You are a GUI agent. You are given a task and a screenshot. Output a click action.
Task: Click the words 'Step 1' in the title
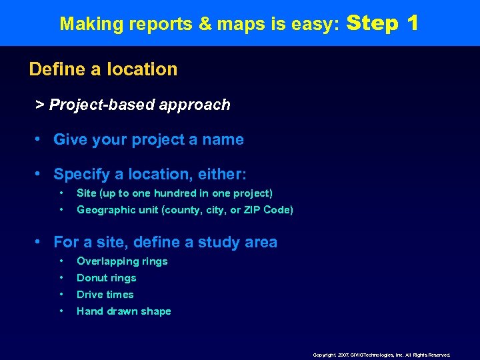coord(383,23)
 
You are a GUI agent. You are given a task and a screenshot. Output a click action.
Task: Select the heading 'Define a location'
coord(103,69)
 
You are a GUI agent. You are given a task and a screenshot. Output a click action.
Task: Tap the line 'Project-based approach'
coord(139,105)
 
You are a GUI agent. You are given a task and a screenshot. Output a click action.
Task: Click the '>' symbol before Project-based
coord(40,105)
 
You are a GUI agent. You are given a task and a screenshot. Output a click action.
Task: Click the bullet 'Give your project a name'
coord(148,140)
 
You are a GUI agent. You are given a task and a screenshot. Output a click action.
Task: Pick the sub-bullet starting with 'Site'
coord(174,193)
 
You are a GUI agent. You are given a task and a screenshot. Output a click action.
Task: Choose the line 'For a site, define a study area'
coord(165,242)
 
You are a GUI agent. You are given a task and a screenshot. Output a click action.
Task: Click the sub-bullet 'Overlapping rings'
coord(122,261)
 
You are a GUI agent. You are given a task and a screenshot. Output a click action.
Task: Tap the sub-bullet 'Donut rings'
coord(106,278)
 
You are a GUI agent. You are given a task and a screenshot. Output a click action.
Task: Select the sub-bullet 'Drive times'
coord(105,295)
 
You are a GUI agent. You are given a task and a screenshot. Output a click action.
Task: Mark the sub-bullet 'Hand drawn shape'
coord(123,311)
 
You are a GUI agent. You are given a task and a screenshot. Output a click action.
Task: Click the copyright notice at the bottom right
coord(382,355)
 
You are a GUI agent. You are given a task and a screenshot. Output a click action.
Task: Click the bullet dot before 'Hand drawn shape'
coord(61,311)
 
